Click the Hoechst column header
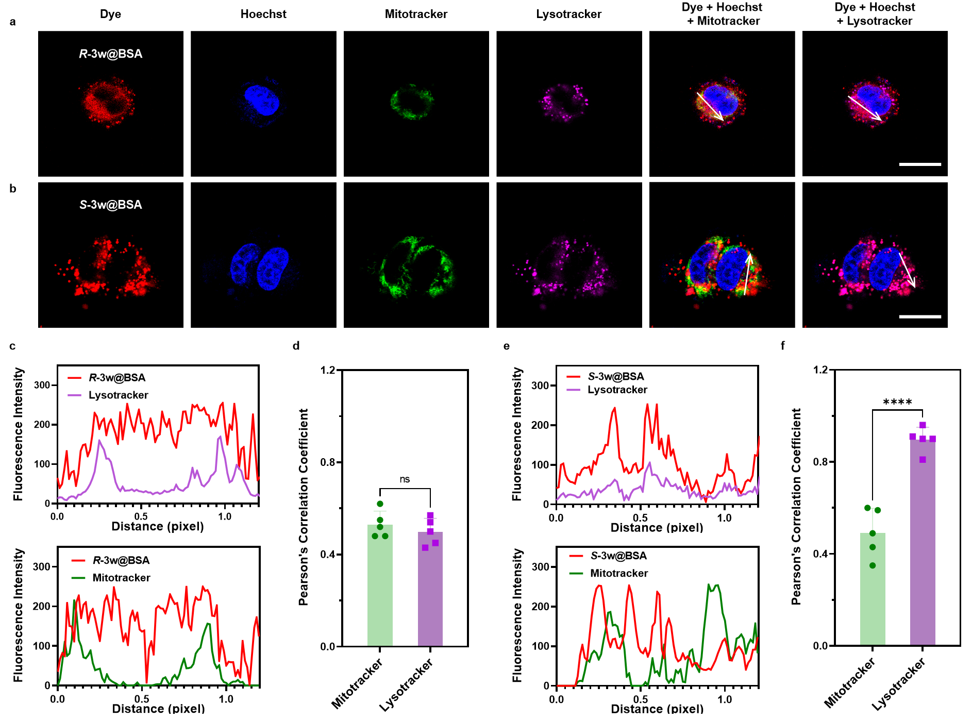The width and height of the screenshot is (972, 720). pos(263,14)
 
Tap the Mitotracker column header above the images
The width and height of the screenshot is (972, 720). pos(416,14)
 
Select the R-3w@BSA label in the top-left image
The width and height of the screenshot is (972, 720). pos(110,54)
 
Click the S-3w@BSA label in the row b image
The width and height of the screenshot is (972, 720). pos(110,205)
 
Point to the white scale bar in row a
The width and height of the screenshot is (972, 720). pos(919,164)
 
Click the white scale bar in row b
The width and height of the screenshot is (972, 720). pos(919,316)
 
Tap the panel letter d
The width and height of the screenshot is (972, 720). pos(296,346)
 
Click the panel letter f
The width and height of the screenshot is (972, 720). pos(782,346)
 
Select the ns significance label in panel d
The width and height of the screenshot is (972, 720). pos(405,479)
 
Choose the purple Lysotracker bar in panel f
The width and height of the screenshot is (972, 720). pos(923,541)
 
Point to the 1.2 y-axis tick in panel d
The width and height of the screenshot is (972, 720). pos(328,370)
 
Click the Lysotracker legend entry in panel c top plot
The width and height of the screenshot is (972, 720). pos(118,395)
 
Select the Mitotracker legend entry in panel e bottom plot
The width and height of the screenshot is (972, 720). pos(618,573)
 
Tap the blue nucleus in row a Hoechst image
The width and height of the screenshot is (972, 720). pos(262,99)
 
